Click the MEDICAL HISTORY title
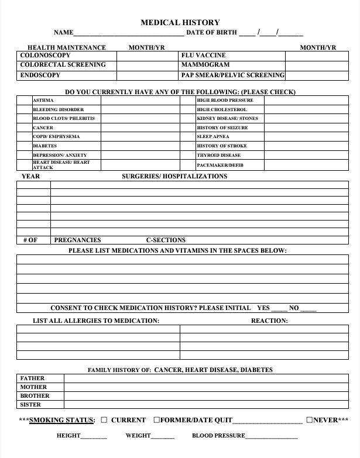(180, 23)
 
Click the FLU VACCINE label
(203, 56)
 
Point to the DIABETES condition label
(45, 146)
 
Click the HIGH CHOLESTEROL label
(222, 109)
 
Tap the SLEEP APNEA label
(213, 136)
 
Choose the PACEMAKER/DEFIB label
(220, 165)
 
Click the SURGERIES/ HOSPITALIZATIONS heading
(174, 176)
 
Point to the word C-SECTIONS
(166, 240)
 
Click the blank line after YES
(279, 308)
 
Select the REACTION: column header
(269, 321)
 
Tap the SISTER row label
(30, 404)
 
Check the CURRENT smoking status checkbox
(104, 420)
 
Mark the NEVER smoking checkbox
(310, 420)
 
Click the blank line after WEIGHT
(163, 436)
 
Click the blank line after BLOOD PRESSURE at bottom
(272, 436)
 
